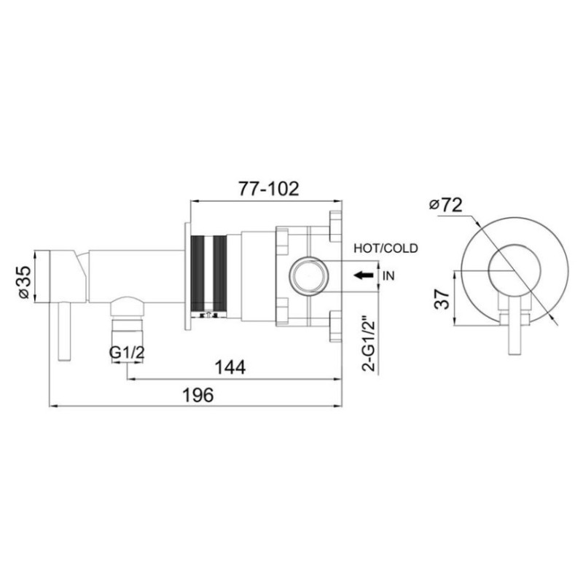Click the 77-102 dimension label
(x=268, y=189)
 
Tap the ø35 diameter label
(x=24, y=281)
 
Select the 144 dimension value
(x=230, y=368)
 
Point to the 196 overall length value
(x=198, y=395)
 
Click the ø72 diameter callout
(x=445, y=205)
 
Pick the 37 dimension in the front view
(x=442, y=299)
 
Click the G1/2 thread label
(x=127, y=353)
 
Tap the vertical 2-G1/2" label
(x=369, y=343)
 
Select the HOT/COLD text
(x=386, y=248)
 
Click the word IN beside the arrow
(x=388, y=276)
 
